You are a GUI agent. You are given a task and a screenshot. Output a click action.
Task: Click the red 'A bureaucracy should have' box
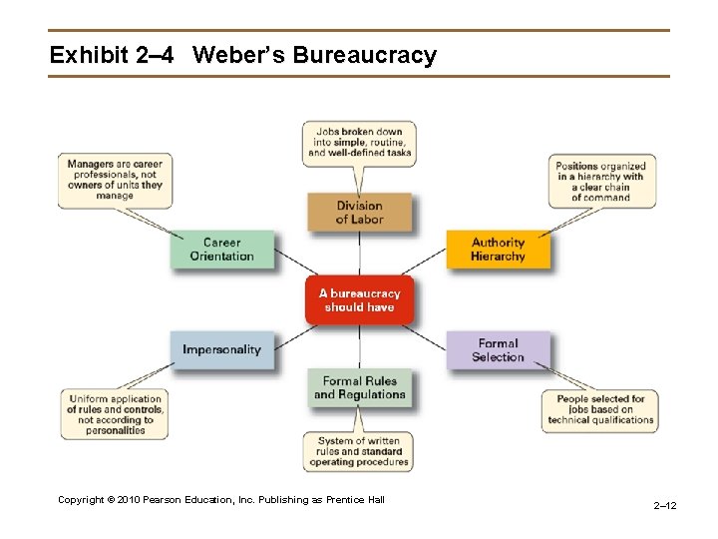coord(359,300)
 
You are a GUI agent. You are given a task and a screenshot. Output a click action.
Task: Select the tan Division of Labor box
coord(359,213)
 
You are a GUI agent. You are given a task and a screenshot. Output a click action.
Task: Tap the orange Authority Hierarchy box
coord(498,250)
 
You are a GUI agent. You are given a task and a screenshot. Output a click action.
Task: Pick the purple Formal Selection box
coord(498,350)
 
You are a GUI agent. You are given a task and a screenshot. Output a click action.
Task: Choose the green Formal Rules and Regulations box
coord(359,387)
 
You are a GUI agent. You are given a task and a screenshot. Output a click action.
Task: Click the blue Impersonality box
coord(221,350)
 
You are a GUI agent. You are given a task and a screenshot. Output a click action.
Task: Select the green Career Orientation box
coord(221,250)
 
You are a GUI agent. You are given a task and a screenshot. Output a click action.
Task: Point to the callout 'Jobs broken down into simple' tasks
coord(359,143)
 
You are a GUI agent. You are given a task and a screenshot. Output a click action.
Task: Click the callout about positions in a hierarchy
coord(600,182)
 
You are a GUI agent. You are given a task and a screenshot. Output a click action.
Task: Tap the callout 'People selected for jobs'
coord(600,409)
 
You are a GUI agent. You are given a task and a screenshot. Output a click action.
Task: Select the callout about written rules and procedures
coord(359,451)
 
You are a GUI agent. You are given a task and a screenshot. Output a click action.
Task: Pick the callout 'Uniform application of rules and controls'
coord(115,414)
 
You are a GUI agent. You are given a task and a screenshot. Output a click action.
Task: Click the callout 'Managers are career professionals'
coord(115,179)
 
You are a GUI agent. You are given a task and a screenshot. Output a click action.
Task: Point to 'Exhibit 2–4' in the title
coord(111,55)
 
